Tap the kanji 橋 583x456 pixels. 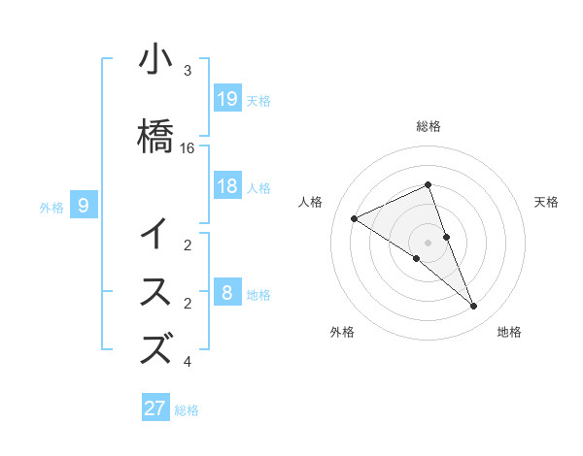tap(154, 133)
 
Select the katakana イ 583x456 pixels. tap(154, 236)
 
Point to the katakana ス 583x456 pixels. tap(154, 291)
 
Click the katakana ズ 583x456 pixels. tap(155, 348)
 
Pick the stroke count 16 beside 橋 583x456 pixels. tap(188, 148)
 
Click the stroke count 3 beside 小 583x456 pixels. tap(188, 71)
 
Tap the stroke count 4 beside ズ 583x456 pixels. tap(188, 363)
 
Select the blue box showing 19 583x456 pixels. tap(226, 98)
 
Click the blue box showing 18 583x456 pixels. tap(226, 186)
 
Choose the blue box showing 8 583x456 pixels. tap(226, 292)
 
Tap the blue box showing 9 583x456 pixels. tap(84, 205)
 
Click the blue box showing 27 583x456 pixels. tap(155, 408)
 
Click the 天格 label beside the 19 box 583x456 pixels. tap(258, 100)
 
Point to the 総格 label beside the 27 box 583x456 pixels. tap(187, 410)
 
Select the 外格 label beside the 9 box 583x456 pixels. tap(51, 207)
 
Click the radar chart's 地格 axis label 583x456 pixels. tap(509, 333)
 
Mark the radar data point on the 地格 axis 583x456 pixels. tap(474, 307)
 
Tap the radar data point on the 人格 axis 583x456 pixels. tap(354, 219)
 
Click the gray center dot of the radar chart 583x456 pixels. tap(428, 242)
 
